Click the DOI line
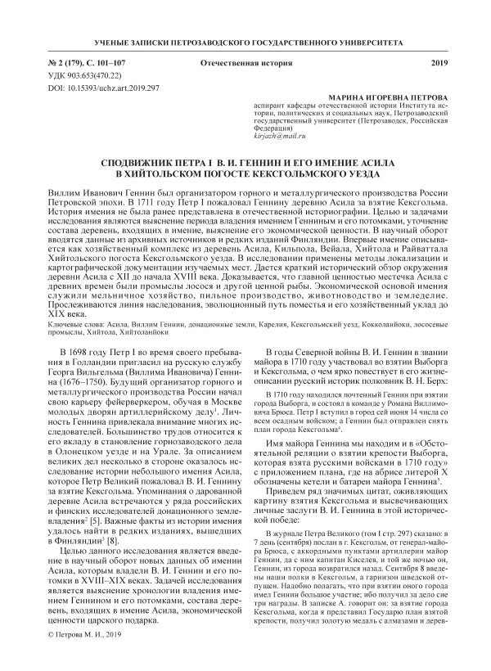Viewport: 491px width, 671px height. (x=101, y=86)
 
